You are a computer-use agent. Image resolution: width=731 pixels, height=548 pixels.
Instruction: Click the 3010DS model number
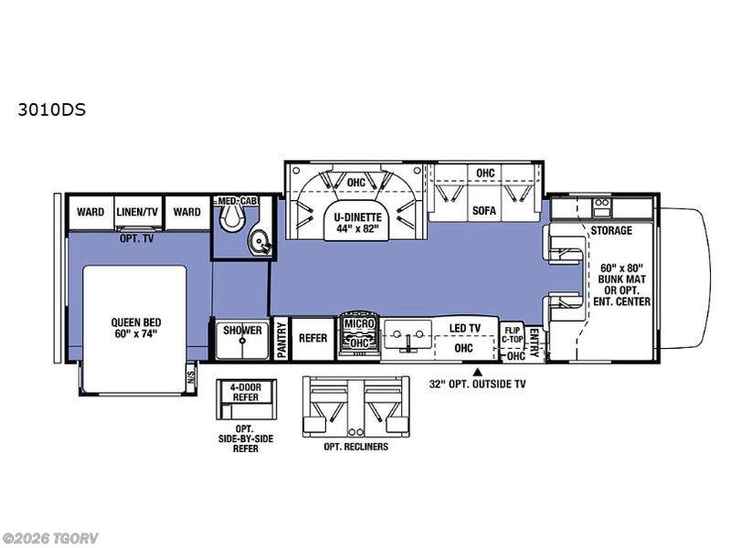[52, 110]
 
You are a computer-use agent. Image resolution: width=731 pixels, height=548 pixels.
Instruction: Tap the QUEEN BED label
[135, 322]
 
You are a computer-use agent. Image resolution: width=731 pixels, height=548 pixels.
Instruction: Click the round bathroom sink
[258, 241]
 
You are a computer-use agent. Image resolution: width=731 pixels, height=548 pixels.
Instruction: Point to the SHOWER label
[242, 331]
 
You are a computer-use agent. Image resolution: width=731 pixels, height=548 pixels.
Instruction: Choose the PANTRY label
[281, 340]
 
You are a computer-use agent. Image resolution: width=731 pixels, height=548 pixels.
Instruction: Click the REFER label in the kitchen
[313, 338]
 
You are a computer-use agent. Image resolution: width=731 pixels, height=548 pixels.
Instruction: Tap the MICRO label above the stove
[359, 323]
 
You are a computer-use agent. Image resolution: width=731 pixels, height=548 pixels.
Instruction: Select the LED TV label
[464, 328]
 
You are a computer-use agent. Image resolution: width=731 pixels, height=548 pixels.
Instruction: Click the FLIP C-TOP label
[513, 335]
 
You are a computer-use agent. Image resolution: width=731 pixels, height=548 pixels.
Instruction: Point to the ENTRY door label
[535, 342]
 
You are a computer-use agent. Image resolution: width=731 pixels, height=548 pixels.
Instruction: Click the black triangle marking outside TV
[477, 372]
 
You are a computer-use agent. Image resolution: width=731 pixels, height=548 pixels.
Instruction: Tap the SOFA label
[484, 211]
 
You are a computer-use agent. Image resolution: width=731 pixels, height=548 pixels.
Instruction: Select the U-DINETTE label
[357, 217]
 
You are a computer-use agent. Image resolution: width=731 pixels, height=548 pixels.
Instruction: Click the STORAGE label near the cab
[611, 231]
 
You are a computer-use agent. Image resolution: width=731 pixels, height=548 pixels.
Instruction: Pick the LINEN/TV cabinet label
[137, 212]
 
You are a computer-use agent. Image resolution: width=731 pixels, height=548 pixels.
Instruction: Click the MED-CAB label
[238, 201]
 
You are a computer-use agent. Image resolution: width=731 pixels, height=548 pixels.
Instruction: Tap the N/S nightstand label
[191, 374]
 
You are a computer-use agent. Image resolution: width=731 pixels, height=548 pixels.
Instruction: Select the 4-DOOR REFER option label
[246, 393]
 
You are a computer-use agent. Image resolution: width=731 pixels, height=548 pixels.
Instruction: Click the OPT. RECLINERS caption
[355, 447]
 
